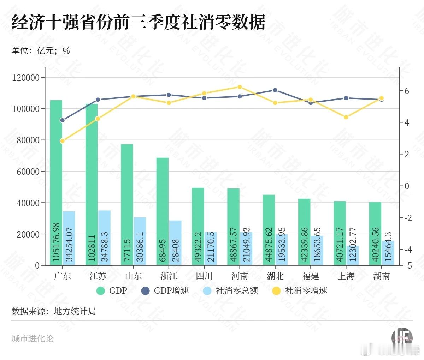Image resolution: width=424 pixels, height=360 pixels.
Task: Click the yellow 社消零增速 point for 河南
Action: tap(240, 87)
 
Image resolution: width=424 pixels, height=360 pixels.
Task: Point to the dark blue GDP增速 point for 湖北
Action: tap(275, 90)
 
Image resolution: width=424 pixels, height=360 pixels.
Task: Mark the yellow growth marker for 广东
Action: tap(63, 141)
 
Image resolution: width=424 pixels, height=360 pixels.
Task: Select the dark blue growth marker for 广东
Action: tap(63, 120)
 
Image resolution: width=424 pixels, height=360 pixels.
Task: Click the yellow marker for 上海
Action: tap(346, 117)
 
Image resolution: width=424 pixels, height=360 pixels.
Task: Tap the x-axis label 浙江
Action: tap(169, 276)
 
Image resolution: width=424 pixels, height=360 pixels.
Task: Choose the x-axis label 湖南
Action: tap(382, 276)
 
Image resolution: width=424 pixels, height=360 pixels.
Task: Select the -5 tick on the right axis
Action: tap(408, 265)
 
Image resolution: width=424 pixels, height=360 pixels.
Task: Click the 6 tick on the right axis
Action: tap(407, 91)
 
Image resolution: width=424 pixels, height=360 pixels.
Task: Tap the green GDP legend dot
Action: tap(101, 291)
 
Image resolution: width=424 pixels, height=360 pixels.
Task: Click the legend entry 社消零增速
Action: tap(306, 291)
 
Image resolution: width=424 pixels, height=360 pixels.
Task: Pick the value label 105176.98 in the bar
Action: tap(56, 242)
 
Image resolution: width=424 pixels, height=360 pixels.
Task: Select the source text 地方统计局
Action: tap(75, 311)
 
